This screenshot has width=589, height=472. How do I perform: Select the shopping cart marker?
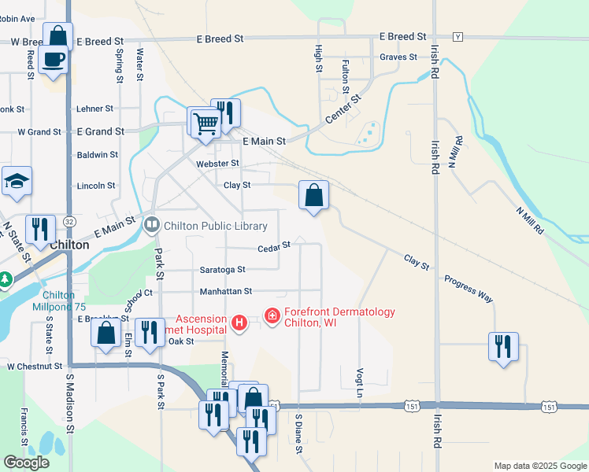pyautogui.click(x=205, y=124)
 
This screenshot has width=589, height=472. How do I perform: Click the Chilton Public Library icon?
pyautogui.click(x=150, y=225)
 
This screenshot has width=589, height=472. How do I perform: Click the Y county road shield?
pyautogui.click(x=457, y=37)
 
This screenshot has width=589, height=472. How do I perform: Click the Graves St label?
pyautogui.click(x=398, y=57)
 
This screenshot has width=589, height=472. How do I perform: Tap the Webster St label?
pyautogui.click(x=217, y=164)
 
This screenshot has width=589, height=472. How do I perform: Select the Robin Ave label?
pyautogui.click(x=17, y=18)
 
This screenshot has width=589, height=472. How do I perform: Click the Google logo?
pyautogui.click(x=26, y=463)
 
